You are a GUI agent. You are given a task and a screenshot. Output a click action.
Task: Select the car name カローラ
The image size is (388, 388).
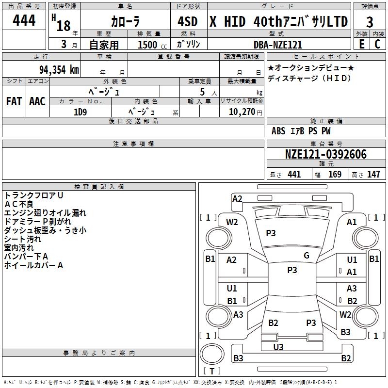125,22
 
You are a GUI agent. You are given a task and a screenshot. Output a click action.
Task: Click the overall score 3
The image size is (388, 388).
370,22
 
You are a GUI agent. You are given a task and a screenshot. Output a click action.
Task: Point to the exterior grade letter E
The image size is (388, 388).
361,44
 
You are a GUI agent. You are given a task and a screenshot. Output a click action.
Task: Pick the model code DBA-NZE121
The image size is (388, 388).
278,45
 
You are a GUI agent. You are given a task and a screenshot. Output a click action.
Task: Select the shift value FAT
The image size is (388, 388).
14,101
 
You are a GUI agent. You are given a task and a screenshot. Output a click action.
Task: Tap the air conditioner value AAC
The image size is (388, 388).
37,101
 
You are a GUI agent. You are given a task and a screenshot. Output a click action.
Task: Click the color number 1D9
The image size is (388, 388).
80,112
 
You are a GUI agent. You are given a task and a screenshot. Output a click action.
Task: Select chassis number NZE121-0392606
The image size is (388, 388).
325,154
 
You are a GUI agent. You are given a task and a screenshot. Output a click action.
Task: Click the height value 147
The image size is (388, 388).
373,175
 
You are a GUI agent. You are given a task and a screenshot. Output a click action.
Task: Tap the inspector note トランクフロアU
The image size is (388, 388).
34,195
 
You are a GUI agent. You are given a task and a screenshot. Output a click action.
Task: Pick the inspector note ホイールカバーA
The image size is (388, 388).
34,265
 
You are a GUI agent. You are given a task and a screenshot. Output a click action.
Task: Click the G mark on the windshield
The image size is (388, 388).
306,256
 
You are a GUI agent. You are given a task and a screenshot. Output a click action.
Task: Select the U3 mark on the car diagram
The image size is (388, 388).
278,347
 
